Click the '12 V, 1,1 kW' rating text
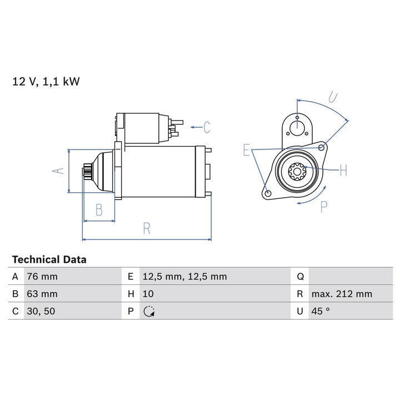point(47,82)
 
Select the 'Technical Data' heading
point(49,259)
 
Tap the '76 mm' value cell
point(42,276)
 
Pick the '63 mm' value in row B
point(42,294)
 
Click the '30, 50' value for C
point(42,311)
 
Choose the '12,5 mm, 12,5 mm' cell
point(184,276)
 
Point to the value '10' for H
point(148,294)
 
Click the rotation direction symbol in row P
point(148,312)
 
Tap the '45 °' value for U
point(321,311)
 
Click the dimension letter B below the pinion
point(99,210)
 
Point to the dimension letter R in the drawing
point(147,228)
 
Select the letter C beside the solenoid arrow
point(207,128)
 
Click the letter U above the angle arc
point(332,98)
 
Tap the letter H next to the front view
point(343,171)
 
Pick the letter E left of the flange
point(246,151)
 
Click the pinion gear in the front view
point(297,172)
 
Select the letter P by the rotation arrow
point(324,207)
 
